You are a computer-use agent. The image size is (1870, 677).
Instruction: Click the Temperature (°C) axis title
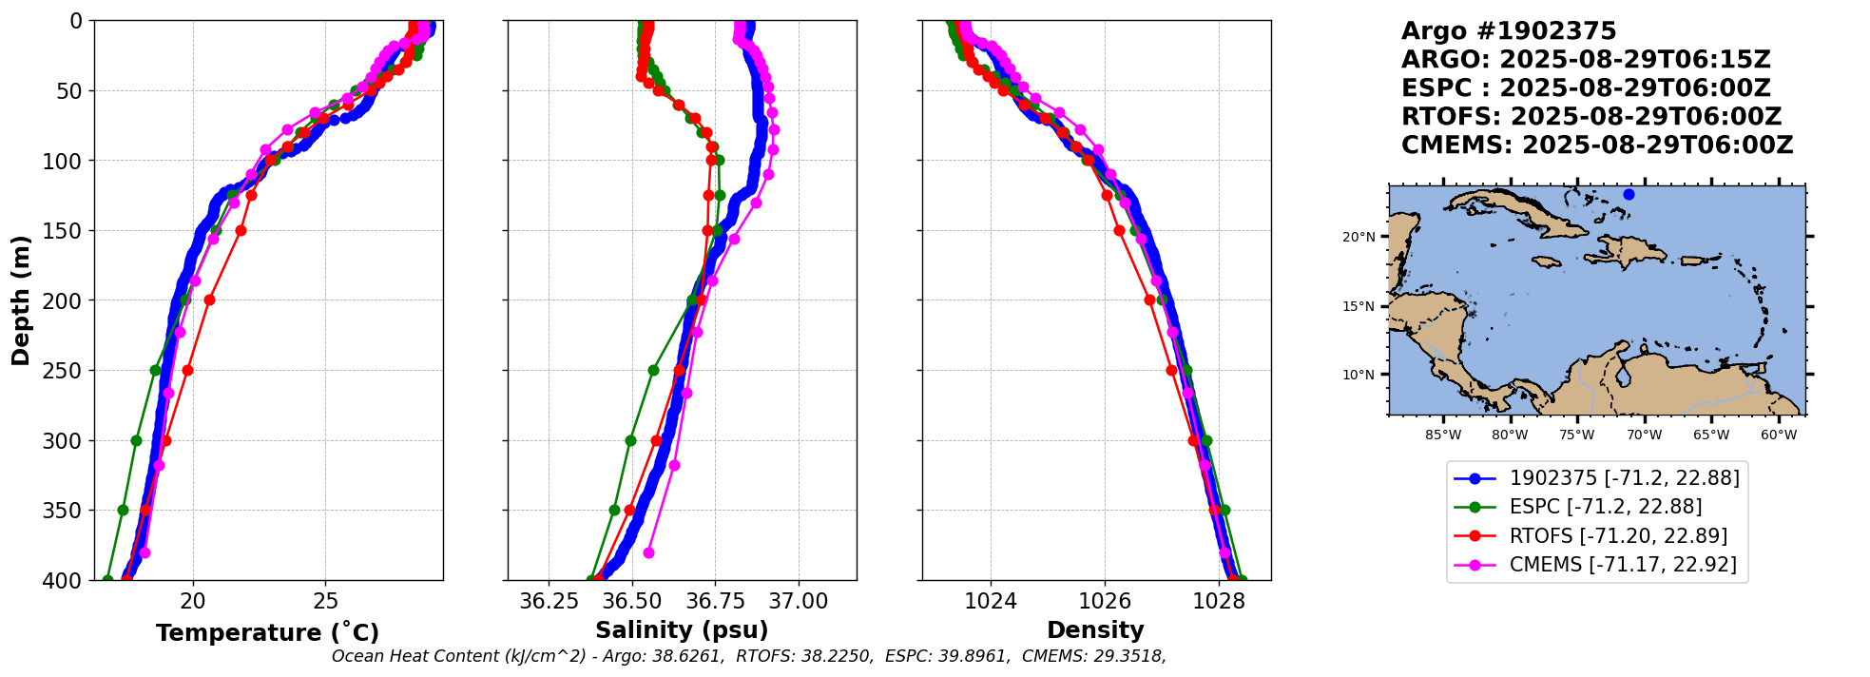pyautogui.click(x=267, y=633)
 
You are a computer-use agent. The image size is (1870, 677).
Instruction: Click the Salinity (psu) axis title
pyautogui.click(x=682, y=630)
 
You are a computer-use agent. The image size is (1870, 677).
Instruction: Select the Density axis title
pyautogui.click(x=1095, y=630)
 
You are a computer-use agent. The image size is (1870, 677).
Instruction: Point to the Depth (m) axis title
pyautogui.click(x=21, y=300)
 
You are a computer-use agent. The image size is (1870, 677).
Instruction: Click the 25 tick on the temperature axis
pyautogui.click(x=325, y=601)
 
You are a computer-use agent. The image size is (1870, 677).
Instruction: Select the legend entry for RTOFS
pyautogui.click(x=1618, y=536)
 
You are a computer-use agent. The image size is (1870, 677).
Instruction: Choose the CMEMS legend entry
pyautogui.click(x=1622, y=565)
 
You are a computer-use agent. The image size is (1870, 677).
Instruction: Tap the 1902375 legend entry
pyautogui.click(x=1624, y=478)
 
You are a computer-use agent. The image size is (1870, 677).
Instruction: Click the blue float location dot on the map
pyautogui.click(x=1629, y=194)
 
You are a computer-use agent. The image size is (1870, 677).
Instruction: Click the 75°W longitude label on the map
pyautogui.click(x=1576, y=435)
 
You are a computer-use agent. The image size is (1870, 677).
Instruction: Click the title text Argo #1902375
pyautogui.click(x=1509, y=31)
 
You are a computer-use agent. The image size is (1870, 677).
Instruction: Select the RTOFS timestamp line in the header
pyautogui.click(x=1590, y=117)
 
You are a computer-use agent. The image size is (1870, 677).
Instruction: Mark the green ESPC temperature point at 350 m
pyautogui.click(x=123, y=511)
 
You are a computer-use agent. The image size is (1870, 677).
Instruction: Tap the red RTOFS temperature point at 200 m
pyautogui.click(x=209, y=300)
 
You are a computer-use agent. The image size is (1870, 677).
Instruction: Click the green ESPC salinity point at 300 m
pyautogui.click(x=630, y=440)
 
